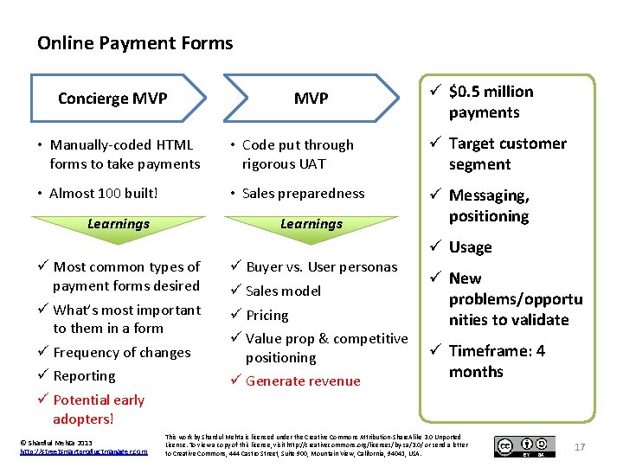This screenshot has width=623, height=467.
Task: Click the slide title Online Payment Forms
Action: pos(135,42)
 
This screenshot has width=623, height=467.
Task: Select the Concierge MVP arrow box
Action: pos(112,98)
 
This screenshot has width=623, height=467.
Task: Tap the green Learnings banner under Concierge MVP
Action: pos(119,224)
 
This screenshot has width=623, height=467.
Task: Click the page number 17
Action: pos(580,446)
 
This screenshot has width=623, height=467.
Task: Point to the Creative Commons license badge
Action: pos(525,446)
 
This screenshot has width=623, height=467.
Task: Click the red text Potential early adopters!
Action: pos(98,409)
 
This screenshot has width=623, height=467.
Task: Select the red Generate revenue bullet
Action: pos(303,381)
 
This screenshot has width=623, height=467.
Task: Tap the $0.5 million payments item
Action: pos(491,102)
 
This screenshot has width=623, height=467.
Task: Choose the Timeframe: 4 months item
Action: pos(497,361)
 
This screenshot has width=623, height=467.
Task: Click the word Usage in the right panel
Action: pos(470,247)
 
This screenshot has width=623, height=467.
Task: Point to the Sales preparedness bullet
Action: pos(303,194)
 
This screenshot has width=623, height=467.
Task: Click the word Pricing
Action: pos(267,316)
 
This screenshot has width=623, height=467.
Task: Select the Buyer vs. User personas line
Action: pos(321,266)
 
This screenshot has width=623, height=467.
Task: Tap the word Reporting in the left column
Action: pos(84,376)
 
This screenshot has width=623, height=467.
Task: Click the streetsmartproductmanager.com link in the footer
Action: pos(83,451)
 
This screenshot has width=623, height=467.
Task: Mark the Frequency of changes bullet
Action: pos(121,352)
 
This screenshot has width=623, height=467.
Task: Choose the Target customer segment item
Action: pos(507,154)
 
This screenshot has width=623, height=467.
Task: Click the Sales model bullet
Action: pos(283,291)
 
